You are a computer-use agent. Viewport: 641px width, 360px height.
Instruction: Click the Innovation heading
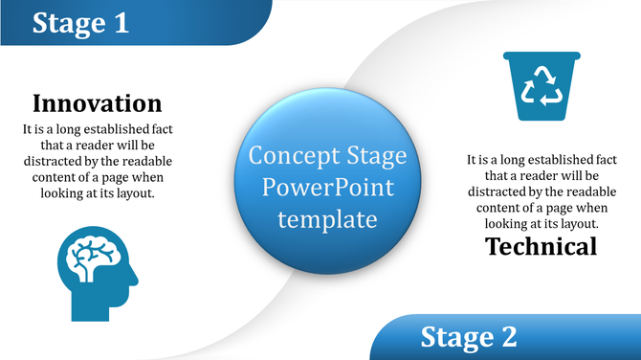tap(97, 103)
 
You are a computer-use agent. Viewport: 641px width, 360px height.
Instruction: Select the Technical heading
tap(541, 246)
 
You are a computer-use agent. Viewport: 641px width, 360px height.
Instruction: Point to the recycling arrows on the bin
tap(541, 87)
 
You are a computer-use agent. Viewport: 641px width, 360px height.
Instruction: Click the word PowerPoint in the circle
tap(327, 188)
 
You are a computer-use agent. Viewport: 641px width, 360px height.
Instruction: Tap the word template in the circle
tap(327, 219)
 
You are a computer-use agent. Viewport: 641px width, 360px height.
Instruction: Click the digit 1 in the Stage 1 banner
tap(122, 23)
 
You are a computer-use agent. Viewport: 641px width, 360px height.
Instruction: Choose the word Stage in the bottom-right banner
tap(453, 337)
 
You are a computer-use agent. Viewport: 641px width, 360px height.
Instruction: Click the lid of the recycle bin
tap(541, 56)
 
